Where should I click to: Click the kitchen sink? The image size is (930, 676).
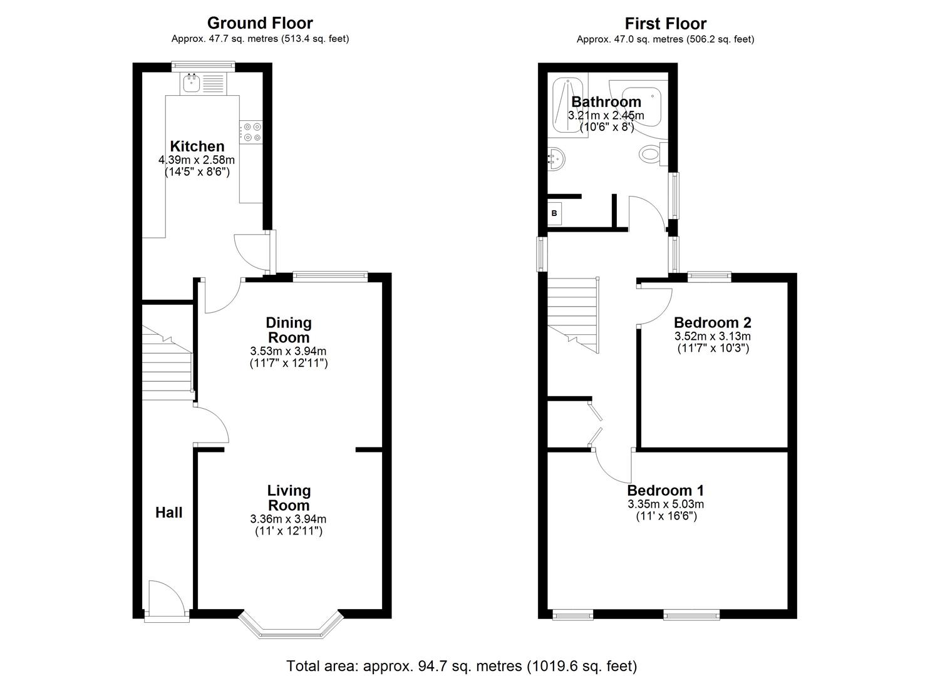[191, 83]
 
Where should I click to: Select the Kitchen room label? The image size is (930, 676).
[197, 146]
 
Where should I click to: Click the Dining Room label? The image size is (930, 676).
[289, 330]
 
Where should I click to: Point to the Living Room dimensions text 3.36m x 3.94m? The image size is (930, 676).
[288, 519]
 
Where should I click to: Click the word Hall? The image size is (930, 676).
[169, 513]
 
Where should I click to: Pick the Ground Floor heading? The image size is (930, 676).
[260, 23]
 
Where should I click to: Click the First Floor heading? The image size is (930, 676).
[666, 24]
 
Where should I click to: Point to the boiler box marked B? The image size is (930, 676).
[554, 213]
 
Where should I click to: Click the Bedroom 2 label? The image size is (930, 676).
[712, 323]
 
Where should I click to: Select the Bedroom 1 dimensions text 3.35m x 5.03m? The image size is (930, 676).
[666, 504]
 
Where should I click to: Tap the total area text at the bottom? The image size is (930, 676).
[462, 665]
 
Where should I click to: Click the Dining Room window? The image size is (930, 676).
[330, 274]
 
